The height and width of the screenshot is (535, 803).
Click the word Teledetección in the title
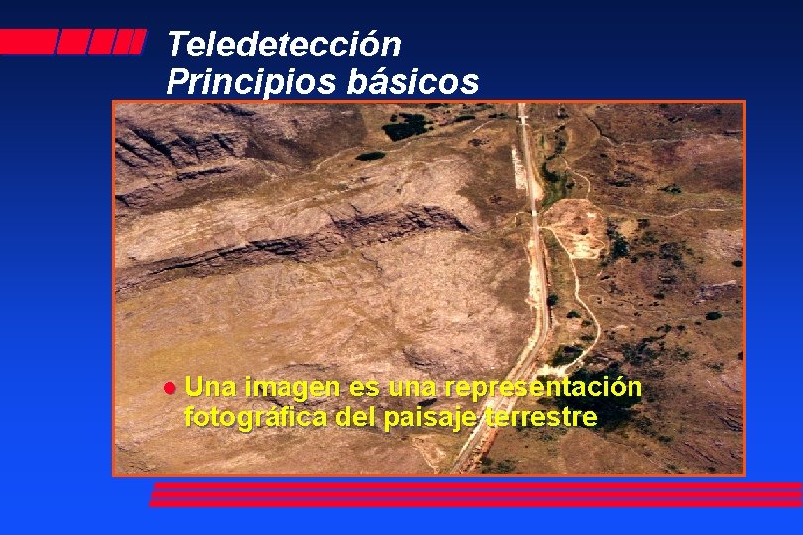pos(284,45)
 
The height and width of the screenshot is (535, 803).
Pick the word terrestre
pos(542,417)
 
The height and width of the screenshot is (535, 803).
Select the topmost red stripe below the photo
pos(476,485)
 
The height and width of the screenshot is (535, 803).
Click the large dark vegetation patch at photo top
pos(406,126)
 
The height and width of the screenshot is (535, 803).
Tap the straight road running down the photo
pos(533,248)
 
